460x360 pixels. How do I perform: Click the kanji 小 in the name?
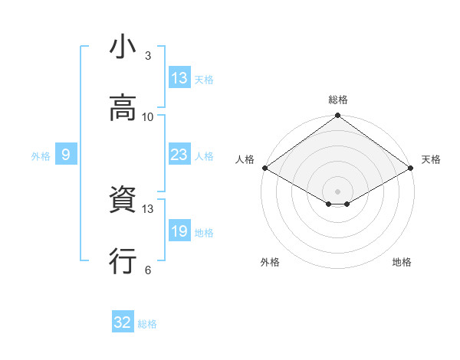[x=123, y=48]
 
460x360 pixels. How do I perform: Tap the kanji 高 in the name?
[x=123, y=110]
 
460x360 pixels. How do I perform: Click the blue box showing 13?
[x=179, y=78]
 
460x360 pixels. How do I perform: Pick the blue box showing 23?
[x=179, y=155]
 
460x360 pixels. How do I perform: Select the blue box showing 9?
[x=66, y=155]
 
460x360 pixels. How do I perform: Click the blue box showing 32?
[x=123, y=323]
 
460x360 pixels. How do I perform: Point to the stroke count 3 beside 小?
[x=148, y=56]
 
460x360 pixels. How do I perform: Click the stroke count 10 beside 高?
[x=148, y=117]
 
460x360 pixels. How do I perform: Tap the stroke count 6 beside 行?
[x=148, y=270]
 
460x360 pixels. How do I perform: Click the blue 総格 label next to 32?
[x=147, y=324]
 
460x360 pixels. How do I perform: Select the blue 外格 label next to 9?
[x=41, y=156]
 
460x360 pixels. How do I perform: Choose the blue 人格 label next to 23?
[x=204, y=156]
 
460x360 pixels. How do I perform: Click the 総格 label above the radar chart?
[x=338, y=100]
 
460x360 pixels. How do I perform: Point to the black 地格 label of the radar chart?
[x=402, y=262]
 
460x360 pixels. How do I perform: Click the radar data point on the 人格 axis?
[x=264, y=168]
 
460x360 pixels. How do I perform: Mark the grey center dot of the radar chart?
[x=338, y=191]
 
